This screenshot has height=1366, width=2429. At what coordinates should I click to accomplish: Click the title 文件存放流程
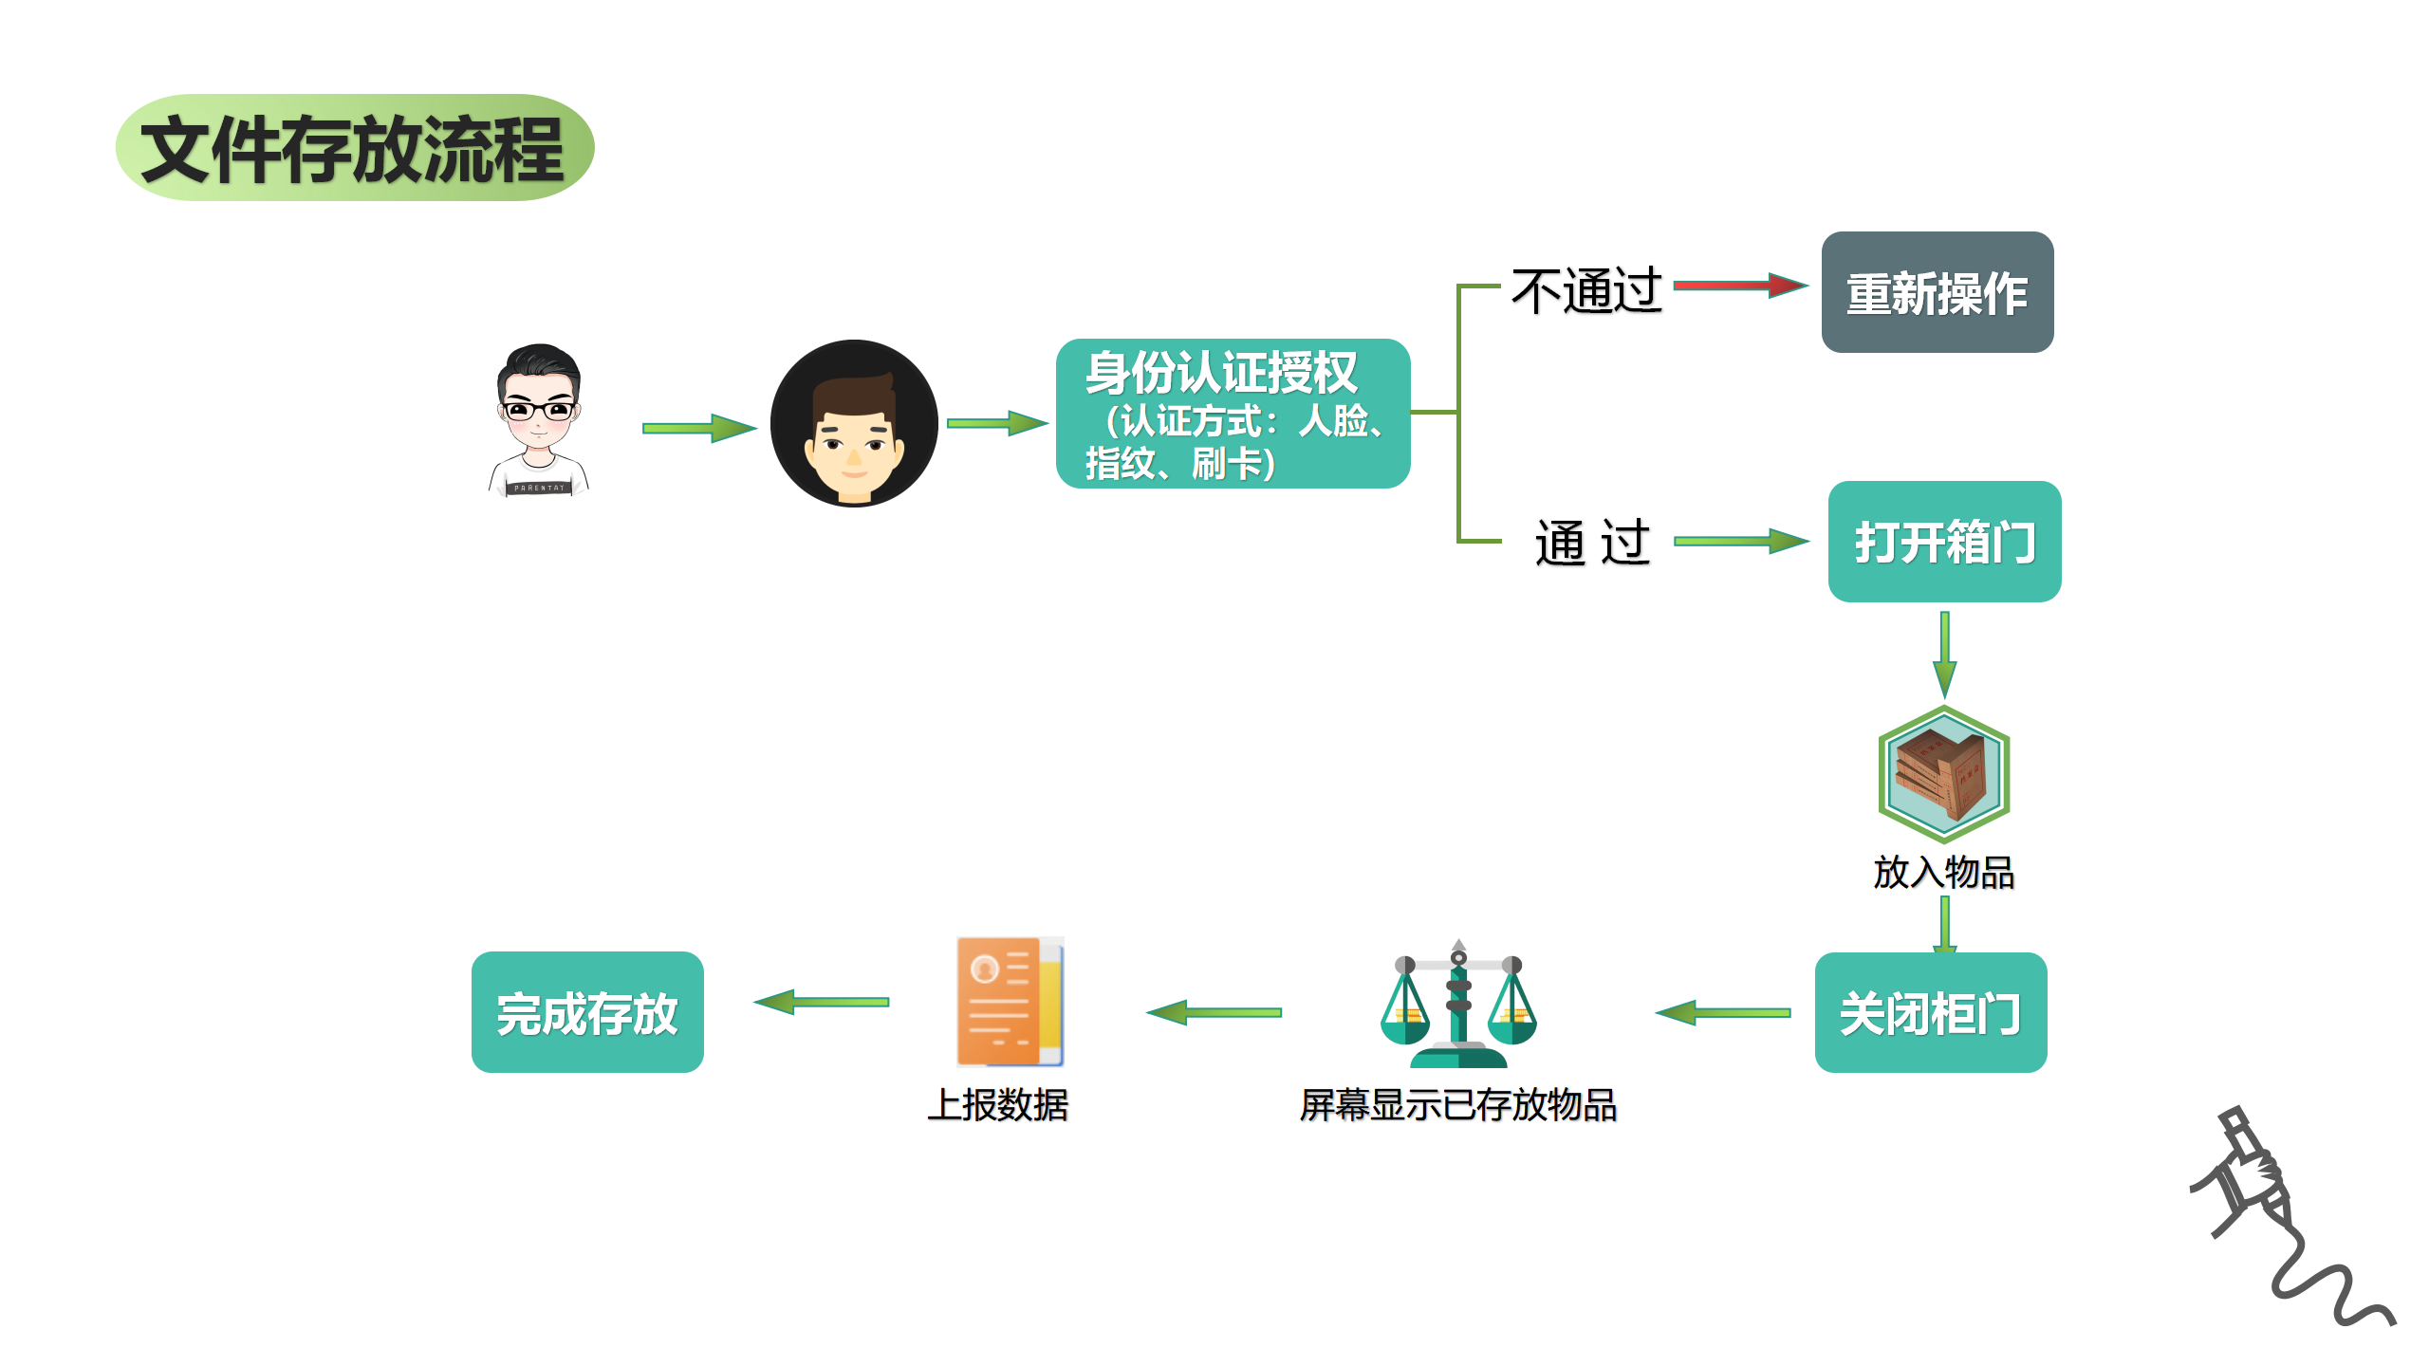(x=354, y=148)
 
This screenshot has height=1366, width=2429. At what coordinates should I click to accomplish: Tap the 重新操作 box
(x=1937, y=292)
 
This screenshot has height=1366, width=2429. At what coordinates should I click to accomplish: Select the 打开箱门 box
(x=1944, y=542)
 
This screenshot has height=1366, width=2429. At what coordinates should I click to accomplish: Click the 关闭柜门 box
(x=1930, y=1013)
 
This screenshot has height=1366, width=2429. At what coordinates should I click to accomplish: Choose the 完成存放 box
(x=587, y=1013)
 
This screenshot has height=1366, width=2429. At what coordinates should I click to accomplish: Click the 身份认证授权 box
(x=1233, y=414)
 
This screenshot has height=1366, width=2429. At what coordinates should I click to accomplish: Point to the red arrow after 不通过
(x=1739, y=285)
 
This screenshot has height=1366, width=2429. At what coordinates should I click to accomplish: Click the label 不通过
(x=1586, y=290)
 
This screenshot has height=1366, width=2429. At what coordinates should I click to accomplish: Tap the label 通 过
(x=1592, y=543)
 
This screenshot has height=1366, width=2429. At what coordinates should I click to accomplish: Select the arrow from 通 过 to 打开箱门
(x=1740, y=541)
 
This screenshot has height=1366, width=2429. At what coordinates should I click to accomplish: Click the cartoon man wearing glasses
(x=539, y=419)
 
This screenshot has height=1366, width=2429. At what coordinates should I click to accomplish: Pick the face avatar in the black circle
(x=854, y=423)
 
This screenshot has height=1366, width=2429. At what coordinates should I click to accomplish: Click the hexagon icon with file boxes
(x=1944, y=774)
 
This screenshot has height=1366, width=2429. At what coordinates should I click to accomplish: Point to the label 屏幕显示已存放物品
(x=1458, y=1105)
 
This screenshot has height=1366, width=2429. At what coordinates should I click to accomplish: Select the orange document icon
(x=1010, y=1002)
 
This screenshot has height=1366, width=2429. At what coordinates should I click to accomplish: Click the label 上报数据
(x=998, y=1105)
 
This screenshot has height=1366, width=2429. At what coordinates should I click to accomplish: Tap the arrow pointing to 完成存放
(x=822, y=1002)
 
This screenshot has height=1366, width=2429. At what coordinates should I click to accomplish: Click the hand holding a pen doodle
(x=2277, y=1214)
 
